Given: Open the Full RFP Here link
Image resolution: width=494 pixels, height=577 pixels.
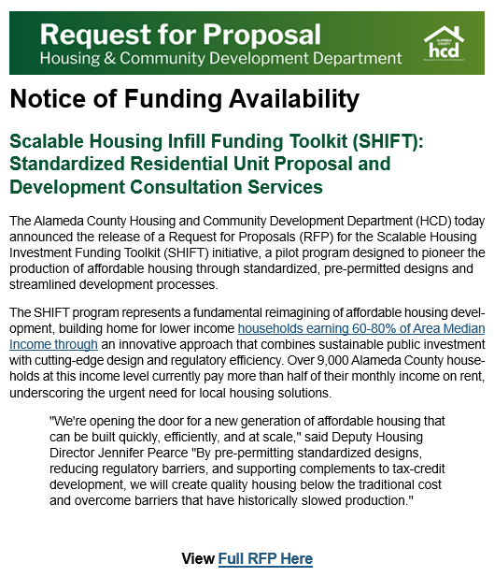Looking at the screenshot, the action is pyautogui.click(x=265, y=558).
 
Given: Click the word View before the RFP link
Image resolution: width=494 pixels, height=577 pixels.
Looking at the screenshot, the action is pyautogui.click(x=197, y=558).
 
